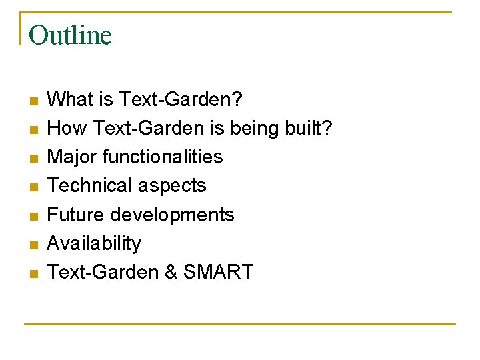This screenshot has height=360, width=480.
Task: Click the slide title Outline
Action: point(71,35)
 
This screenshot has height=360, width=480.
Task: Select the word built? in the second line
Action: point(313,129)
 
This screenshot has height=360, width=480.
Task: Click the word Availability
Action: point(95,243)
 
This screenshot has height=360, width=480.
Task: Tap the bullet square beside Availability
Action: point(33,245)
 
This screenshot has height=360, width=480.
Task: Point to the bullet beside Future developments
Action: point(33,216)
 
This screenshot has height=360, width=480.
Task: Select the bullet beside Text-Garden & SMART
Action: point(33,273)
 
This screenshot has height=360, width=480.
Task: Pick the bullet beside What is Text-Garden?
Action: point(33,101)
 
